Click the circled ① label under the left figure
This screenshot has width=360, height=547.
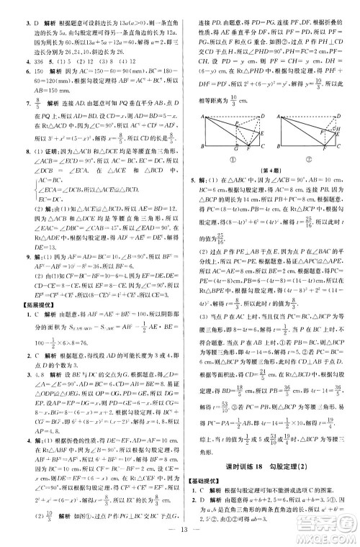point(229,155)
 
